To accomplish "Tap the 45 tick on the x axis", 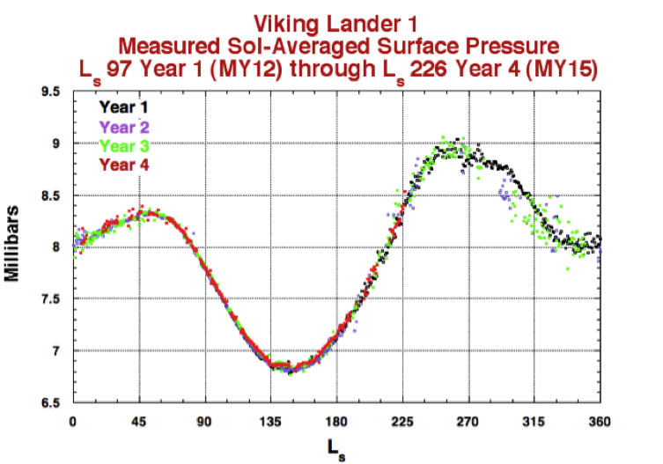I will tap(138, 421).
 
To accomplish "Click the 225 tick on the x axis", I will tap(402, 421).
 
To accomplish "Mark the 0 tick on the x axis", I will tap(72, 421).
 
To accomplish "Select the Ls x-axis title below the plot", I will tap(337, 448).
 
